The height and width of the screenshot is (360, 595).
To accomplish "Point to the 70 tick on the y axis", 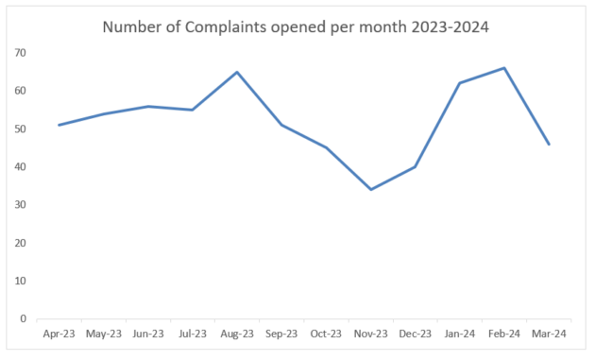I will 20,53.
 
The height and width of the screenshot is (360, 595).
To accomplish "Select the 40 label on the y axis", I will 20,167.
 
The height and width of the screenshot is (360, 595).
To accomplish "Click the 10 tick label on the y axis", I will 20,281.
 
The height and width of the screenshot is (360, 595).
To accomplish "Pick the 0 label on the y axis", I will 23,318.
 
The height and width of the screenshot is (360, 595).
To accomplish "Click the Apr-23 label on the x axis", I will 59,333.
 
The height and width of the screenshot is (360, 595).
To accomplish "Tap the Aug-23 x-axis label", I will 237,333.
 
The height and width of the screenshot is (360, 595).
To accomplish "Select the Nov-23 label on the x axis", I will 370,333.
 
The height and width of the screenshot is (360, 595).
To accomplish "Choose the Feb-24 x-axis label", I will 504,333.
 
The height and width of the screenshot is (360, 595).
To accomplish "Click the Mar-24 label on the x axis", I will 549,333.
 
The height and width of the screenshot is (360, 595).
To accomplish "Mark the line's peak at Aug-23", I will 237,72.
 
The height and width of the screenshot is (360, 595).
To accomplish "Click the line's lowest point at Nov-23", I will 370,189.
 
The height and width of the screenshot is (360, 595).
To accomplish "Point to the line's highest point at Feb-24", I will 504,68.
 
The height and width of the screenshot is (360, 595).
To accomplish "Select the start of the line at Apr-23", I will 59,125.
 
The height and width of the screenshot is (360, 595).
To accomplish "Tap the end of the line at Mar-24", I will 549,144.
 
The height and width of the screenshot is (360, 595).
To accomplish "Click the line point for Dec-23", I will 416,166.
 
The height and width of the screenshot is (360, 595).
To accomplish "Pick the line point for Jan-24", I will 460,83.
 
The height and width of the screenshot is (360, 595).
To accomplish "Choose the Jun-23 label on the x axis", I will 148,333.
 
